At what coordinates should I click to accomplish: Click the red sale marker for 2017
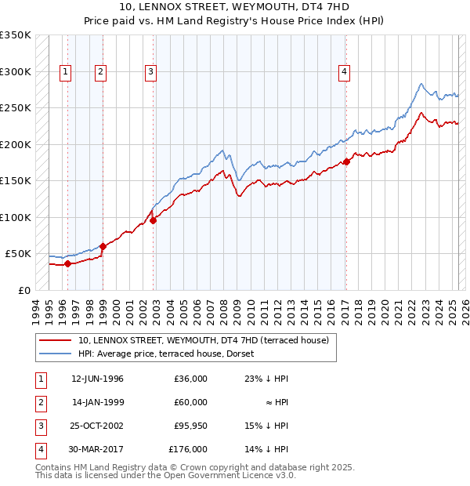[345, 162]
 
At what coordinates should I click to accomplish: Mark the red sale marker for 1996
[67, 263]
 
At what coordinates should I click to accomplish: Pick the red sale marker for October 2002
[154, 220]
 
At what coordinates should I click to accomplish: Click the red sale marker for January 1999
[103, 246]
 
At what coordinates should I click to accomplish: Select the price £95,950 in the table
[190, 426]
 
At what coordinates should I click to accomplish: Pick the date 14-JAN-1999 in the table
[97, 402]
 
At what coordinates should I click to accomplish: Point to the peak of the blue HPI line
[421, 84]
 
